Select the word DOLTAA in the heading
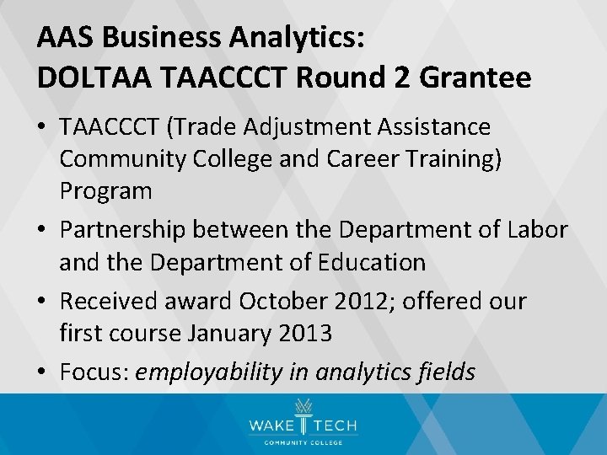(x=88, y=78)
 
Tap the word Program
(x=105, y=191)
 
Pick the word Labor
(x=537, y=229)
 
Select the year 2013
(x=303, y=334)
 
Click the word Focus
(x=90, y=372)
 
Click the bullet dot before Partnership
(x=44, y=230)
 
